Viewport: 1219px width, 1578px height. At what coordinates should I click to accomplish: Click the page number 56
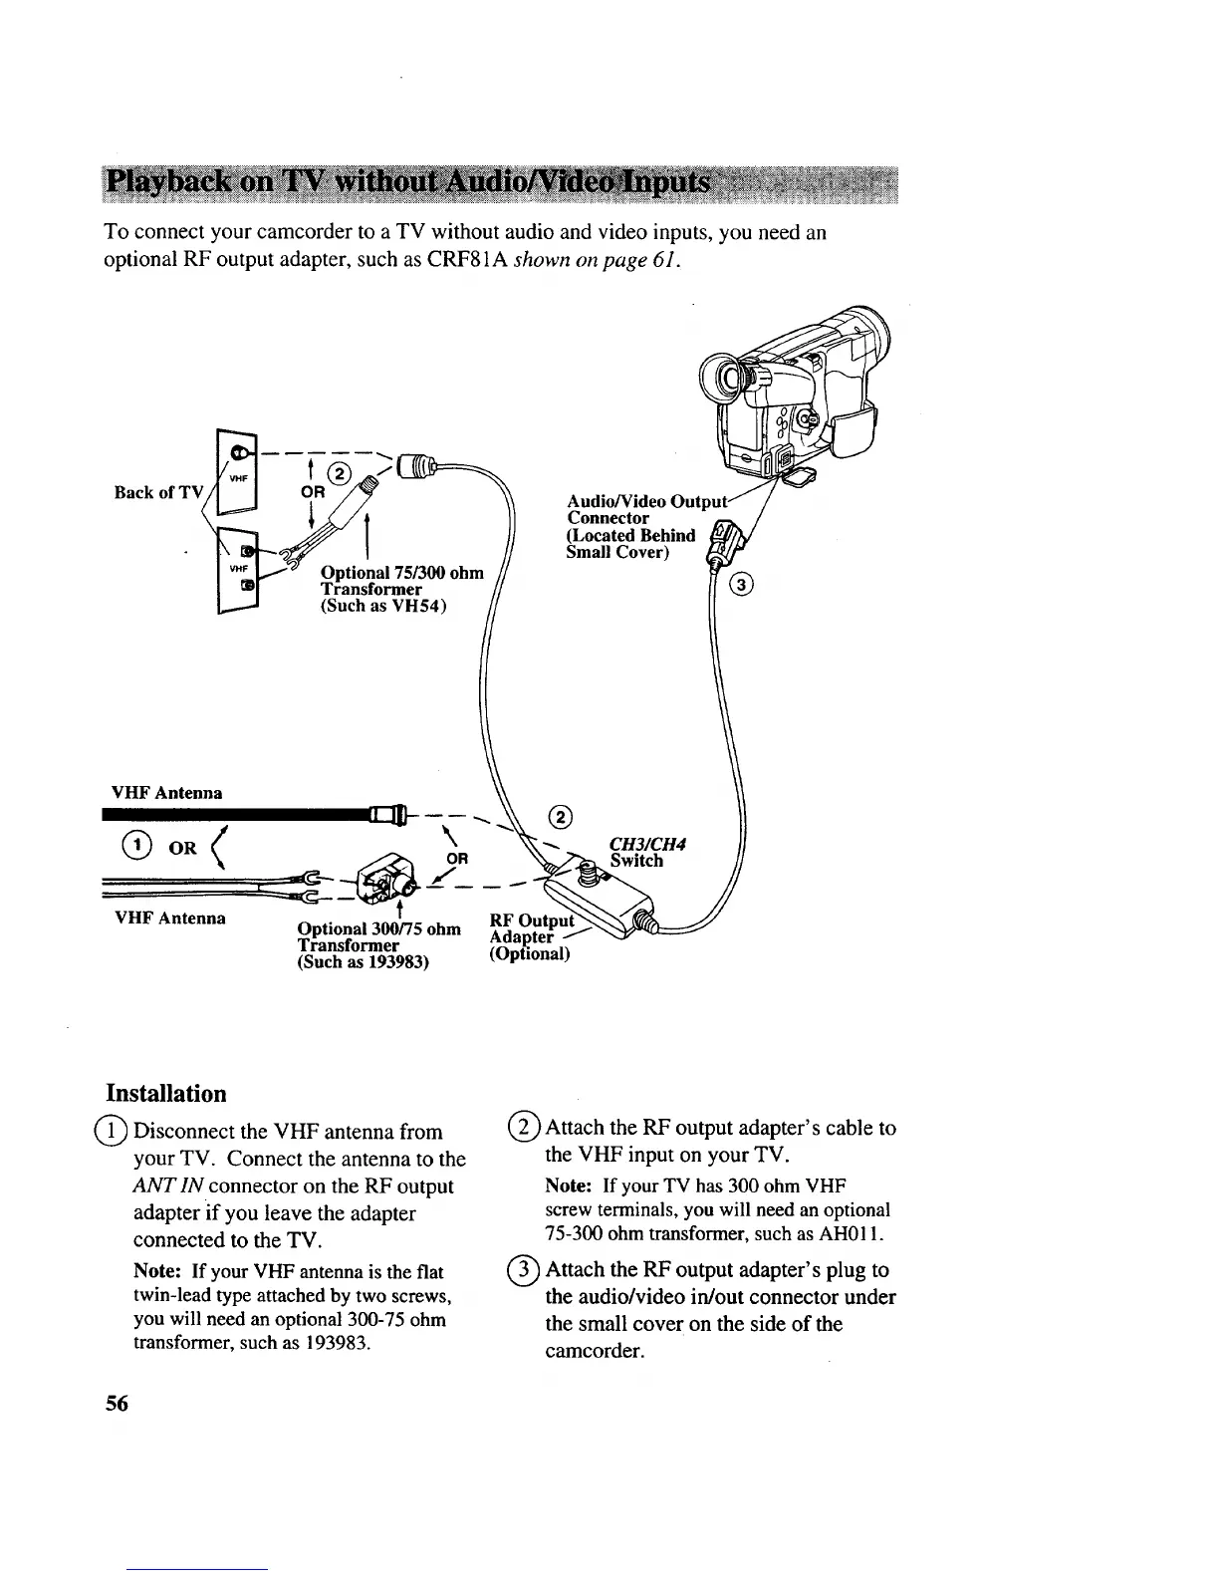click(x=117, y=1404)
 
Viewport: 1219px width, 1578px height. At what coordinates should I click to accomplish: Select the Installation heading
click(x=166, y=1093)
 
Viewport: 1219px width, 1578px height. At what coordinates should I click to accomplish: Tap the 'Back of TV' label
click(x=158, y=492)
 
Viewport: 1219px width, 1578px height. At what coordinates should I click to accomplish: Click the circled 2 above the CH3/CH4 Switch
click(x=563, y=817)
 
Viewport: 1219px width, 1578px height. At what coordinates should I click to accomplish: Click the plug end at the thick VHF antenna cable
click(x=386, y=816)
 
